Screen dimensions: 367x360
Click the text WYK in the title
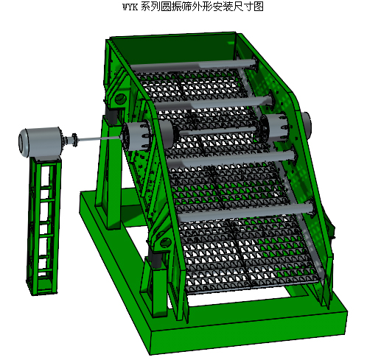[x=130, y=7]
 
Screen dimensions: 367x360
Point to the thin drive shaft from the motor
[x=98, y=139]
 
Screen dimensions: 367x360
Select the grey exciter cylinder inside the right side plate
[x=275, y=127]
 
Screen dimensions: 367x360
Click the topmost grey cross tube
[x=193, y=65]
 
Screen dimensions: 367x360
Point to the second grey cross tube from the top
[x=214, y=103]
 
